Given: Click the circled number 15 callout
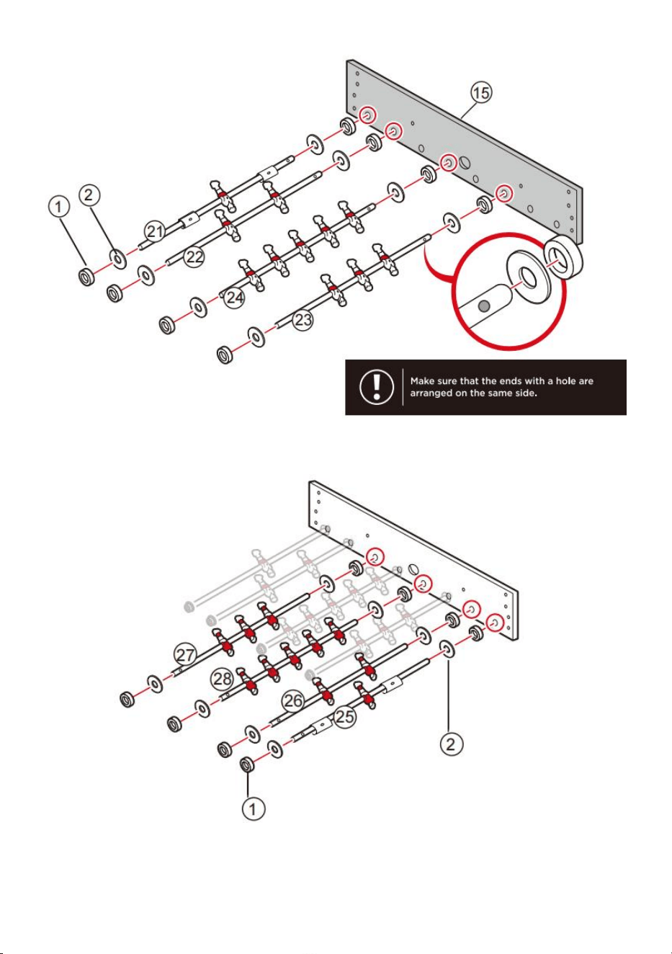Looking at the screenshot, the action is click(481, 92).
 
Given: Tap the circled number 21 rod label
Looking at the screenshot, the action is click(155, 231).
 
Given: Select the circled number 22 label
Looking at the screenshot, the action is click(194, 257).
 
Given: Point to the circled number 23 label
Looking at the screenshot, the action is click(303, 319).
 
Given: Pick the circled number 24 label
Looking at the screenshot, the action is click(235, 297).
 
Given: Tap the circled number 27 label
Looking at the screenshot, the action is click(185, 654).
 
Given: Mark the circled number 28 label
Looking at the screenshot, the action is click(222, 679).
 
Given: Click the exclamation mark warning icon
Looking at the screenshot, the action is click(376, 387).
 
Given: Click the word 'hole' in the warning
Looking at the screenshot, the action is click(564, 380).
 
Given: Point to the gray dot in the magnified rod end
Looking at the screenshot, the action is click(483, 306).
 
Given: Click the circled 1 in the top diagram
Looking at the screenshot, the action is click(59, 207).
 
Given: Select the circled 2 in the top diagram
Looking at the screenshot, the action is click(89, 195).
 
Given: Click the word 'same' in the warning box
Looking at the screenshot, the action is click(500, 393).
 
